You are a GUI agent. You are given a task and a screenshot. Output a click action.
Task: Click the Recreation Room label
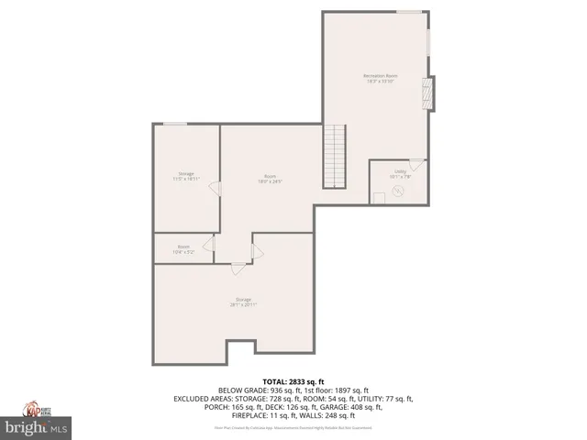(x=379, y=78)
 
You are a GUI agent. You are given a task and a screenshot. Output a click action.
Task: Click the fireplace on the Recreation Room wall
(x=427, y=93)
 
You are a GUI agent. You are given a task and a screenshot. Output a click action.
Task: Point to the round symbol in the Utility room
(x=398, y=191)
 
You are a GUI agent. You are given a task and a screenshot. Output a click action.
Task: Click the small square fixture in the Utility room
(x=379, y=198)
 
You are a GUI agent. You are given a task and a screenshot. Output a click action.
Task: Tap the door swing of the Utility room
(x=416, y=166)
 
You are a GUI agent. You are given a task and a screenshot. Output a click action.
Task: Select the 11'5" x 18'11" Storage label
(x=186, y=176)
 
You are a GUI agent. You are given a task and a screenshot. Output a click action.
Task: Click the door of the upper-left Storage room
(x=215, y=188)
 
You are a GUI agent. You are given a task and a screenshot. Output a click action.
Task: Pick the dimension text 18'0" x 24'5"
(x=271, y=181)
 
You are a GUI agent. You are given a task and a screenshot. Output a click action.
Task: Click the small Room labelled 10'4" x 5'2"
(x=183, y=247)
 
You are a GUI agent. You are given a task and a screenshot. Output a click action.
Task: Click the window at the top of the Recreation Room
(x=409, y=12)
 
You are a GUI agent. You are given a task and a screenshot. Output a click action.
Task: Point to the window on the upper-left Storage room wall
(x=175, y=123)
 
